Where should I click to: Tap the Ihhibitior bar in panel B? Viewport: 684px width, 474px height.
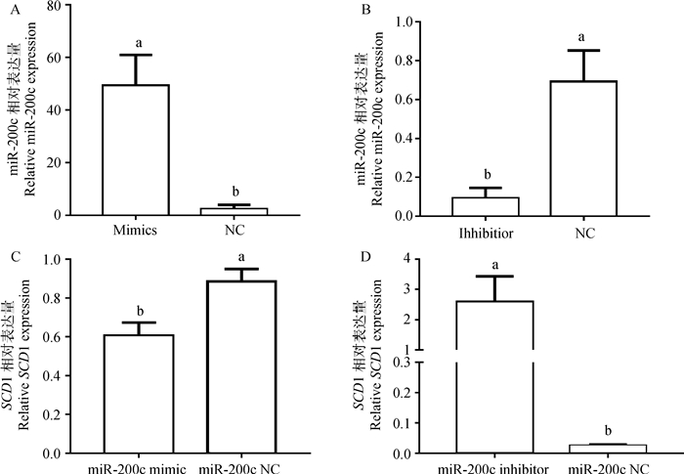coord(472,206)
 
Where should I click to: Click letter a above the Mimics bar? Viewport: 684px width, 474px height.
coord(140,42)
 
